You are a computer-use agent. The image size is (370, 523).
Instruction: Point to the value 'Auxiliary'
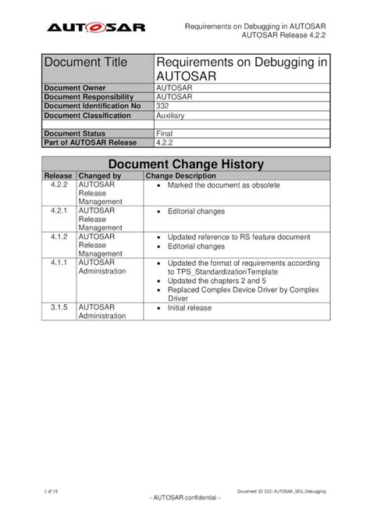tap(171, 115)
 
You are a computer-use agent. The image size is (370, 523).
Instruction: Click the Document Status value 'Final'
tap(165, 134)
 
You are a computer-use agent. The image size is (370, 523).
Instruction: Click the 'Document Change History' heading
tap(185, 164)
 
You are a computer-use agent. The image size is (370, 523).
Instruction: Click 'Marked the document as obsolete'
tap(223, 186)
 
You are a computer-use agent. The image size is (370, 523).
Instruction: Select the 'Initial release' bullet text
tap(190, 308)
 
